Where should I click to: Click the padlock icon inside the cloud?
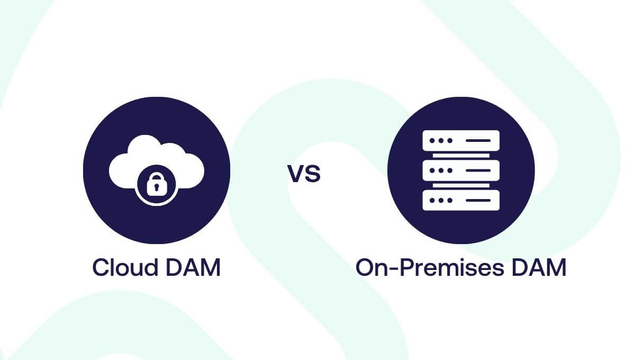click(x=156, y=185)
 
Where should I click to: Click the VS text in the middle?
click(x=304, y=173)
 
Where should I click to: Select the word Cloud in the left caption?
click(x=125, y=267)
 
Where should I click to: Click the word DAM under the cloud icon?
click(x=193, y=267)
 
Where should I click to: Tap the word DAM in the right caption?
click(x=539, y=267)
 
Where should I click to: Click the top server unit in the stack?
click(x=461, y=140)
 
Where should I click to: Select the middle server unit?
click(x=461, y=170)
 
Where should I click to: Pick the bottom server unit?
click(x=461, y=200)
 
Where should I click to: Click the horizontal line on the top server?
click(x=478, y=140)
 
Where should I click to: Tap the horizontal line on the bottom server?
click(x=478, y=200)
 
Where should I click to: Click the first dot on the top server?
click(x=432, y=140)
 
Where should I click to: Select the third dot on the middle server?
click(x=450, y=170)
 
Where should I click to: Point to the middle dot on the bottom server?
click(x=441, y=200)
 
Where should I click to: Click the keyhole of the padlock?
click(x=156, y=187)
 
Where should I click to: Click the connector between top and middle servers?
click(x=461, y=156)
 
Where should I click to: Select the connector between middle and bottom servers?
click(x=461, y=185)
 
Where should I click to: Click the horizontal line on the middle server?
click(x=478, y=170)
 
